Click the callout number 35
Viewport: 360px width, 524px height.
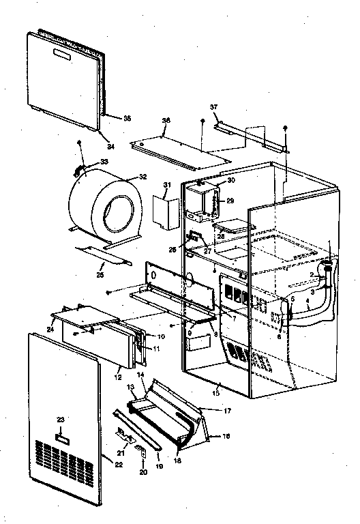click(126, 118)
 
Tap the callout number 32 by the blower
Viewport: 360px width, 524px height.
click(142, 176)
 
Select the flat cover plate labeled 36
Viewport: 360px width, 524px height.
click(181, 150)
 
